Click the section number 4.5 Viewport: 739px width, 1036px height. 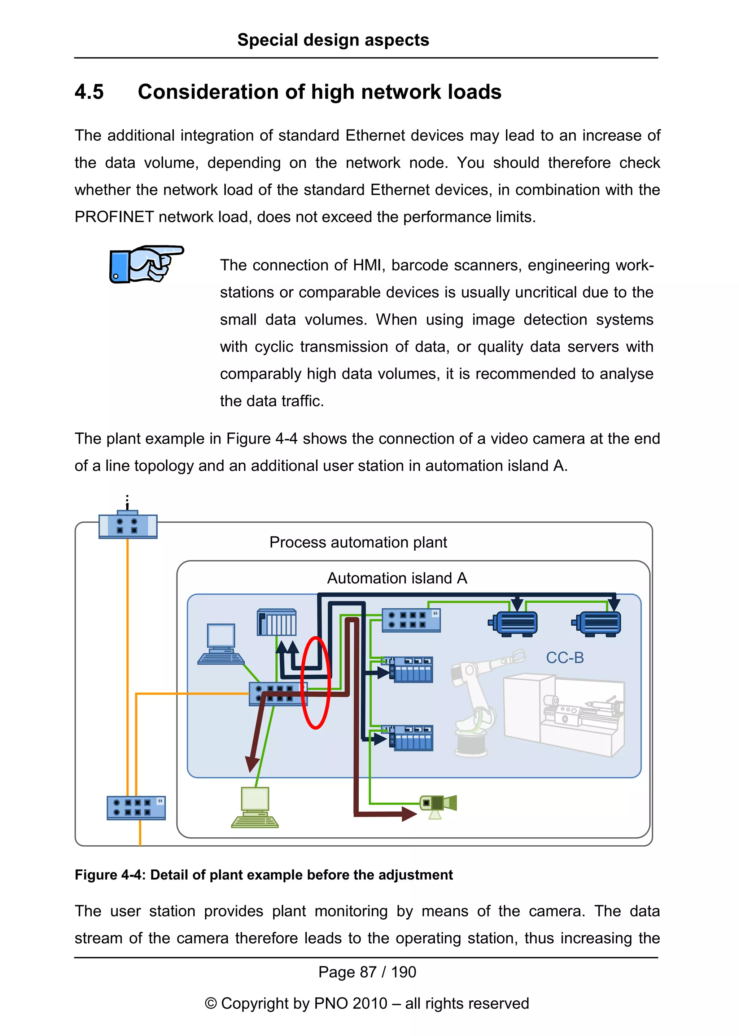pos(89,92)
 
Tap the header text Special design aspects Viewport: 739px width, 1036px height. pos(333,40)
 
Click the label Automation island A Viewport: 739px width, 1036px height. pos(397,578)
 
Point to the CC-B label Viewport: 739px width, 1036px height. pos(564,658)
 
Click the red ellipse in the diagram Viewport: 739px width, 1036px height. pos(315,682)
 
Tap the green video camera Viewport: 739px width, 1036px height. pos(438,804)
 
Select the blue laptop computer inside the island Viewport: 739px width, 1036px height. pos(221,644)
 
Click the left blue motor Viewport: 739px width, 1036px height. pos(513,623)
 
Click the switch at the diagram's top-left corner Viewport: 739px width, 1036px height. pos(128,526)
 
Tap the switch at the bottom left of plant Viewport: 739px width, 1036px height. pos(136,808)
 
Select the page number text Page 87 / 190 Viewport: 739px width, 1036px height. pos(367,972)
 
